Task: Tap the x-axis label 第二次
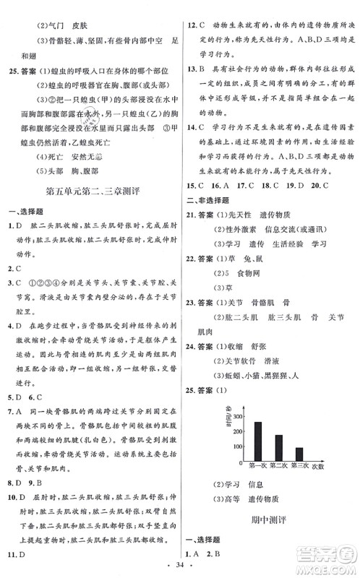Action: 278,467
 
